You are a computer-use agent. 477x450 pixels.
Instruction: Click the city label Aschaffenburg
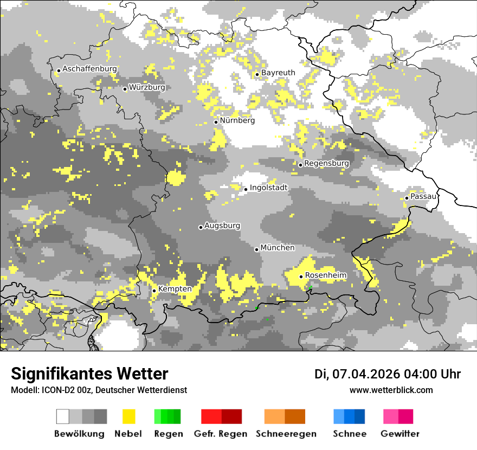[89, 69]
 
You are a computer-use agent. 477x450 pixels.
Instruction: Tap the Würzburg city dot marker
[125, 89]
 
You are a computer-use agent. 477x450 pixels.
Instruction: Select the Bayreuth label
[278, 73]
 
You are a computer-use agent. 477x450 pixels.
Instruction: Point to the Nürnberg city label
[237, 120]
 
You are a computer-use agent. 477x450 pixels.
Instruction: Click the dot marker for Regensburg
[300, 165]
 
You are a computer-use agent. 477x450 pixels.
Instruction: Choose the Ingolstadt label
[269, 188]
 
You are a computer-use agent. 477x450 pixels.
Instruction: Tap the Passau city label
[423, 196]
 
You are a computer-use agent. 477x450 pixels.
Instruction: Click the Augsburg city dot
[201, 227]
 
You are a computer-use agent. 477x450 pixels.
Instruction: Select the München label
[278, 248]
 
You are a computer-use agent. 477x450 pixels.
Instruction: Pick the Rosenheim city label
[326, 275]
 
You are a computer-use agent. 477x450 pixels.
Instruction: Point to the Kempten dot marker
[154, 291]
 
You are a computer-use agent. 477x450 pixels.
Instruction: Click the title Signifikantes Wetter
[89, 374]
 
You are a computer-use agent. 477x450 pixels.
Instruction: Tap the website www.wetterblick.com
[391, 390]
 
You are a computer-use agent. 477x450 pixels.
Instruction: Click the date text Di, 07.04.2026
[357, 374]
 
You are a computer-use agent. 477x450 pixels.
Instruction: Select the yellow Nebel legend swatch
[128, 416]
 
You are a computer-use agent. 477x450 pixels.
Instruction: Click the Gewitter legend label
[400, 434]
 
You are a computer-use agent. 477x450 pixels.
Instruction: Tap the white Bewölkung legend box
[63, 416]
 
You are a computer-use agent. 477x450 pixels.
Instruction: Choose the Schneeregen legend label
[286, 434]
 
